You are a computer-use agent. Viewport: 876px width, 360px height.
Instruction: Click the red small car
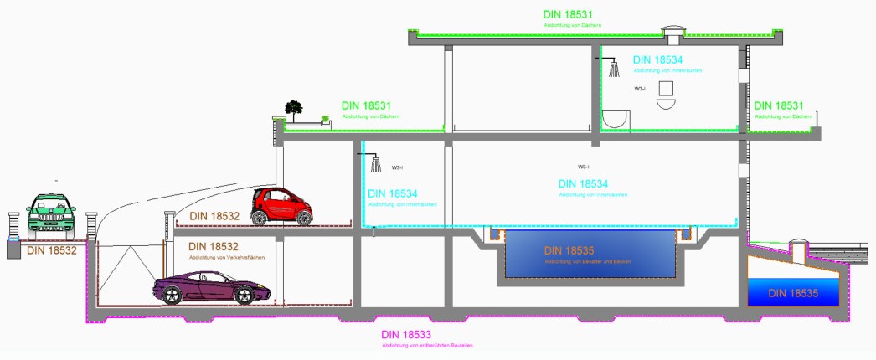(x=282, y=206)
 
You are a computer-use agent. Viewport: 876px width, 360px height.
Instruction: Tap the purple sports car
(x=211, y=288)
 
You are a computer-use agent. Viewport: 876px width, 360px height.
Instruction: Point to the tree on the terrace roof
(x=293, y=108)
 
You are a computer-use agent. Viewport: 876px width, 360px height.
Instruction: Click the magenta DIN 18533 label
(x=406, y=335)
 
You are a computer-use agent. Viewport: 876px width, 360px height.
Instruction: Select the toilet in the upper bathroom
(x=667, y=95)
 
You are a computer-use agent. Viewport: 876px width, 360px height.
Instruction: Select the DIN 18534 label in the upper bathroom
(x=658, y=60)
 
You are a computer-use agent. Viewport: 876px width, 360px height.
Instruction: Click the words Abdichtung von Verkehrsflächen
(x=227, y=257)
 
